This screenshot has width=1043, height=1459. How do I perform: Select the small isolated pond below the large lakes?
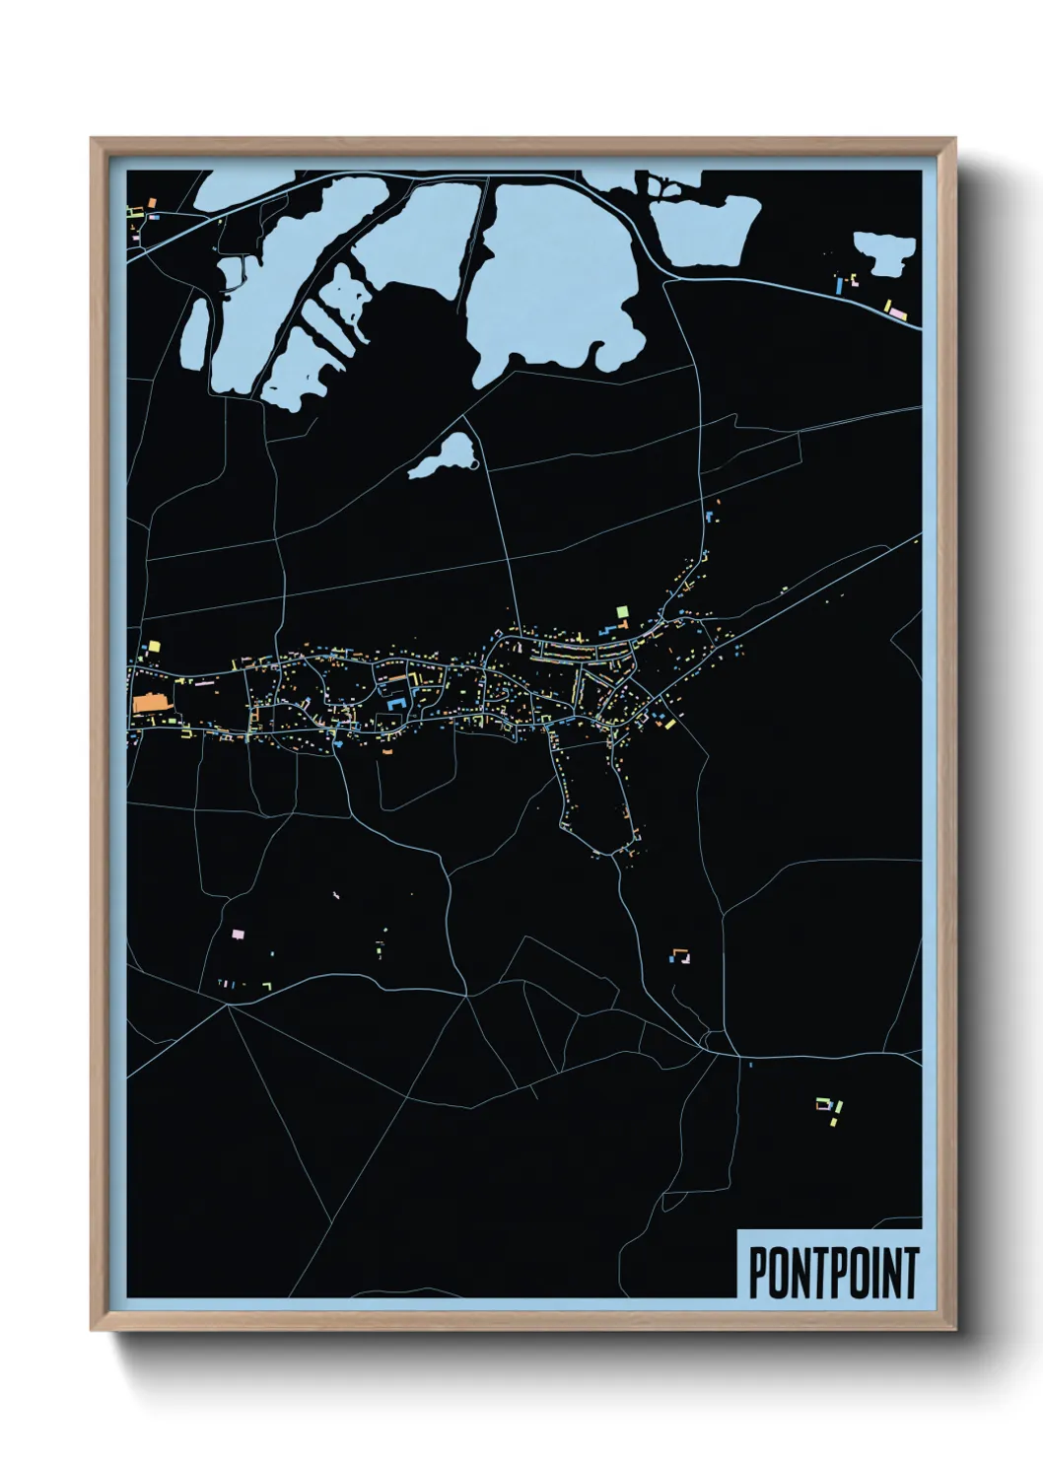pyautogui.click(x=444, y=456)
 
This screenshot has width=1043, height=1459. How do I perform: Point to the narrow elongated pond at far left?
pyautogui.click(x=195, y=332)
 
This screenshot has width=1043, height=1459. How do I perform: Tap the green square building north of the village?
pyautogui.click(x=622, y=612)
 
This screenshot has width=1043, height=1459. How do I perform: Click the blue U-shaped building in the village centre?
pyautogui.click(x=396, y=703)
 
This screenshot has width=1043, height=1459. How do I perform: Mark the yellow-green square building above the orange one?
pyautogui.click(x=154, y=647)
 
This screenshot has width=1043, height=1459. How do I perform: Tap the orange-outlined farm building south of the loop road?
pyautogui.click(x=681, y=954)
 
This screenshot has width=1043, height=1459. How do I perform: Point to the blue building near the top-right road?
pyautogui.click(x=839, y=285)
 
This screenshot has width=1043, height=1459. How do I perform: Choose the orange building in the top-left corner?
pyautogui.click(x=153, y=202)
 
